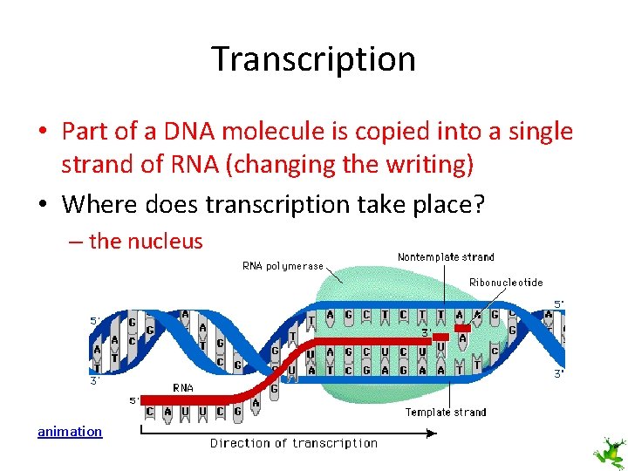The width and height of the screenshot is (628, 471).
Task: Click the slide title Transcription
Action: pos(313,59)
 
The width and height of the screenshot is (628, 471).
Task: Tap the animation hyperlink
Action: pos(70,431)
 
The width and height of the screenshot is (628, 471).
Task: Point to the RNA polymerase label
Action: pos(283,266)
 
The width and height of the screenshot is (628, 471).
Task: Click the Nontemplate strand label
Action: pos(446,257)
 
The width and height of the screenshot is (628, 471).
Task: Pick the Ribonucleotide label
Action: pos(506,283)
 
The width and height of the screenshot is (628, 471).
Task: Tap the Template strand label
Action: pos(446,413)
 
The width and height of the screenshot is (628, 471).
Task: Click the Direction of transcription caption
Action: pos(294,443)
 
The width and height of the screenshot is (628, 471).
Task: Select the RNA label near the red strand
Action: pos(183,388)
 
